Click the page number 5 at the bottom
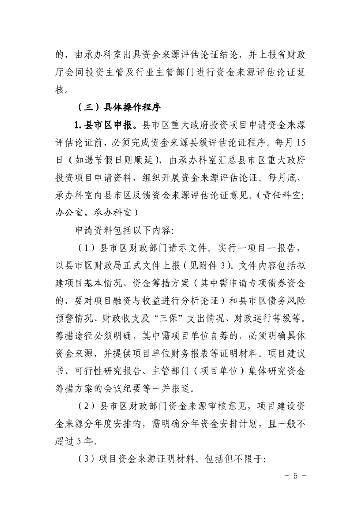coord(295,475)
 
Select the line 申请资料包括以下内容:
coord(124,230)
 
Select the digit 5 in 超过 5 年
coord(79,441)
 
